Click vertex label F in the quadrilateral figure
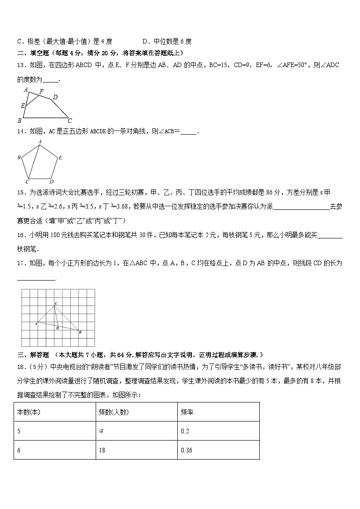(41, 92)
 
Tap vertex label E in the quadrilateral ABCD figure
(22, 106)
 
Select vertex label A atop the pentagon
(40, 142)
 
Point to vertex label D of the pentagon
(52, 182)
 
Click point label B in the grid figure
(80, 333)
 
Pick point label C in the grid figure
(56, 303)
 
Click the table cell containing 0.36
(218, 450)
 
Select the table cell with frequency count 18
(136, 450)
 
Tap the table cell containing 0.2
(218, 431)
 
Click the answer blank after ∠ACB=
(189, 132)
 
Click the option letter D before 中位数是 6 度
(145, 42)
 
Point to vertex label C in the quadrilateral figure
(69, 121)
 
